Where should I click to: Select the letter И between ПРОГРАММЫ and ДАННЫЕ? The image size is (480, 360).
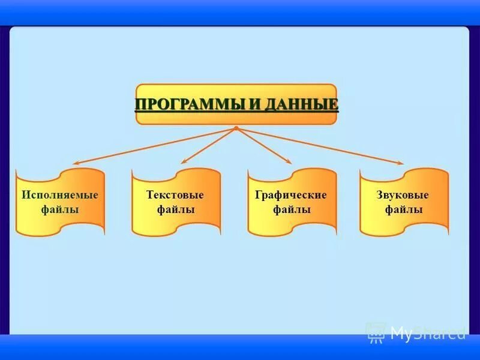pyautogui.click(x=254, y=105)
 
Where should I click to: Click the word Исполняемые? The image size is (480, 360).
pyautogui.click(x=60, y=195)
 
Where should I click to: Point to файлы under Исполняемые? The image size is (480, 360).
pyautogui.click(x=60, y=209)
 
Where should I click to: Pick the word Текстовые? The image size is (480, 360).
pyautogui.click(x=175, y=195)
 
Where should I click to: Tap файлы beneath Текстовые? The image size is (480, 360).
pyautogui.click(x=175, y=209)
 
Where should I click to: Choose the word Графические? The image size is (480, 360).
pyautogui.click(x=291, y=195)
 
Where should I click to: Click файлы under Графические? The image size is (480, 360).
pyautogui.click(x=292, y=209)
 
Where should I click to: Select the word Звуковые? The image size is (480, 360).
pyautogui.click(x=403, y=195)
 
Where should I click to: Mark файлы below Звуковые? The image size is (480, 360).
pyautogui.click(x=404, y=209)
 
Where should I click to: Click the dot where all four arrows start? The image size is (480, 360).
pyautogui.click(x=236, y=128)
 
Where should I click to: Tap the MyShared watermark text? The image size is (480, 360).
pyautogui.click(x=427, y=332)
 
